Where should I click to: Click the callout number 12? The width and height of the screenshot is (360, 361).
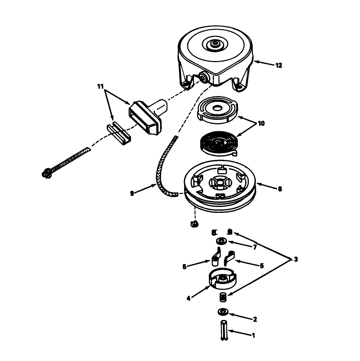point(278,65)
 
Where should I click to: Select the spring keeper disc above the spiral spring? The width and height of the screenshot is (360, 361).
point(215,110)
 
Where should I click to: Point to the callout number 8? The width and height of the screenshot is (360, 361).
point(280,189)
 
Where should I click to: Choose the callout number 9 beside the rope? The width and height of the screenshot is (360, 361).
point(132,192)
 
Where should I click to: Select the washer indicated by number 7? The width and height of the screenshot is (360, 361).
point(221,241)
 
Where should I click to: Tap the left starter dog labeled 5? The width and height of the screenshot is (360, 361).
point(215,257)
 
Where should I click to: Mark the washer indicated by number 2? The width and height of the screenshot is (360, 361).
point(223,312)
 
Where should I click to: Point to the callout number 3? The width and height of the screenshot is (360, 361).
point(296,259)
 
